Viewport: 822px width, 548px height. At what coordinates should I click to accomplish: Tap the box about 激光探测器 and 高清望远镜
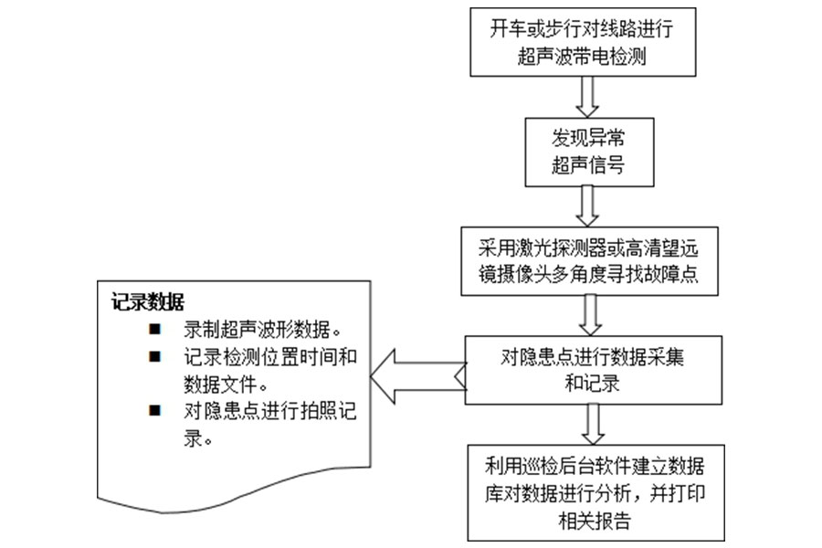tap(588, 261)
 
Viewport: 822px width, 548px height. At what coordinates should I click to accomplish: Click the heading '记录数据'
tap(147, 302)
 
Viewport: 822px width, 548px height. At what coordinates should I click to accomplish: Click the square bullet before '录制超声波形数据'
tap(154, 328)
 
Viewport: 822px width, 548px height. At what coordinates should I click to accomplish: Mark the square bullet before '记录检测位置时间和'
tap(154, 356)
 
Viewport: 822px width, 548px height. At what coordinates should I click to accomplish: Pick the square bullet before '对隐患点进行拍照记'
tap(154, 411)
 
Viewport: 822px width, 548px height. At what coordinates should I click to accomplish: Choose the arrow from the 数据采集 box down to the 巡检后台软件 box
tap(591, 423)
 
